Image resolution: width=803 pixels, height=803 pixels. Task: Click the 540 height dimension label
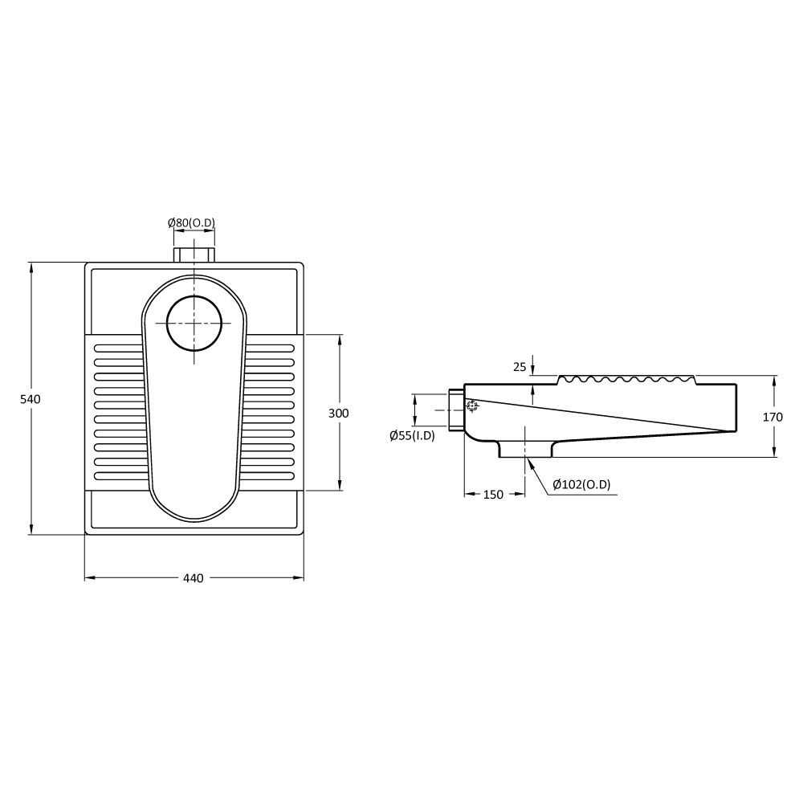coord(30,399)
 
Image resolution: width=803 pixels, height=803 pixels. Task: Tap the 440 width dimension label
coord(193,578)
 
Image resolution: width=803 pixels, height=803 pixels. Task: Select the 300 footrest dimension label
coord(339,413)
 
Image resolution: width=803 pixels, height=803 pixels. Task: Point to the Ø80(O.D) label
coord(192,222)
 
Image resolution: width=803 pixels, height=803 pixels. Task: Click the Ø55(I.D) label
coord(412,436)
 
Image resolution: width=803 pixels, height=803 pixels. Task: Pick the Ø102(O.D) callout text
coord(581,484)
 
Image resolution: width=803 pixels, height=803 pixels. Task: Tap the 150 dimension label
coord(493,495)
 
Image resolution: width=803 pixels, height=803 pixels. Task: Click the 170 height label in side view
coord(772,417)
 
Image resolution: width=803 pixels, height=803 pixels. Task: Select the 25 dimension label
coord(520,367)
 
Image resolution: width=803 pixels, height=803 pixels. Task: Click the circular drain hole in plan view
coord(194,323)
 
